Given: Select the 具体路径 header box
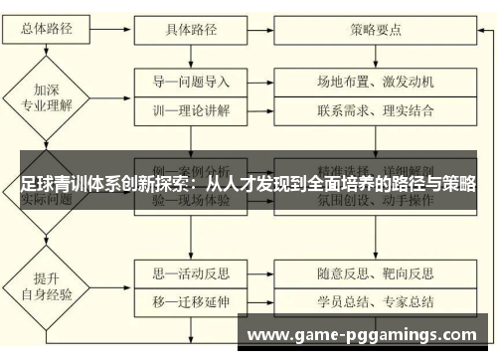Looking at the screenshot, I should [191, 30].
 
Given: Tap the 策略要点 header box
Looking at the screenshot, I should [376, 30].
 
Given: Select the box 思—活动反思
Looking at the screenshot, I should [191, 270].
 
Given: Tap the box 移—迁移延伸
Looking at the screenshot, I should [191, 298].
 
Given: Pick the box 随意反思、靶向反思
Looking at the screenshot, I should [376, 270].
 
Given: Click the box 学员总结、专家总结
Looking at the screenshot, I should [376, 298].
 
